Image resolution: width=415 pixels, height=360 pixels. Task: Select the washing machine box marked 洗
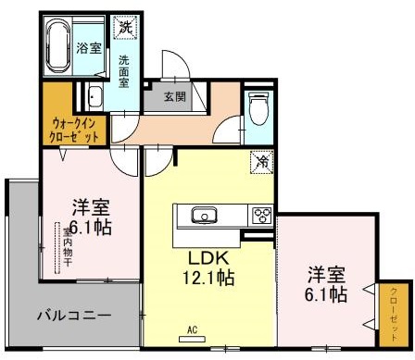point(123,27)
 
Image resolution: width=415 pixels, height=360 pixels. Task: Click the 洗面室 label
point(123,71)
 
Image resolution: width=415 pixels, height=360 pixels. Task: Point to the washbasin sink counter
point(95,95)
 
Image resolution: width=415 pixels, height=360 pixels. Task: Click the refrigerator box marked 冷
point(261,161)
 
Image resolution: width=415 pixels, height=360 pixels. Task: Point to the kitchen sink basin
point(201,216)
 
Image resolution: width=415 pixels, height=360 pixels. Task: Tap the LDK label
point(209,257)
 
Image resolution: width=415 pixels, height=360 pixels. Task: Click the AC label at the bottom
point(194,329)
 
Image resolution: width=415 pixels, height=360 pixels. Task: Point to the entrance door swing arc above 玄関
point(172,67)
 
